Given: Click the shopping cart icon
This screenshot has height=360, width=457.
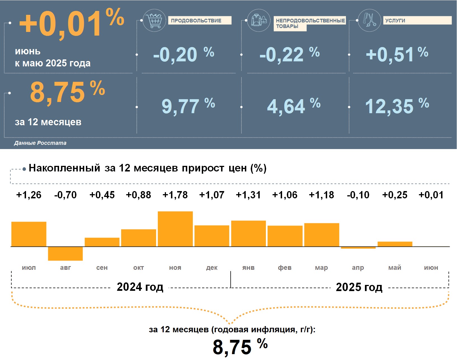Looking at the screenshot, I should click(154, 20).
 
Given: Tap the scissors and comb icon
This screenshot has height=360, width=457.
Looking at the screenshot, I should click(369, 20).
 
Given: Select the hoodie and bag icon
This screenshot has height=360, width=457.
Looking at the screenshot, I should click(259, 20).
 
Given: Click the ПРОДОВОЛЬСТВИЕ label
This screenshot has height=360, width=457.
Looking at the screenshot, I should click(199, 20).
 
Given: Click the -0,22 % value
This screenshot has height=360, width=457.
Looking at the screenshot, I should click(289, 54).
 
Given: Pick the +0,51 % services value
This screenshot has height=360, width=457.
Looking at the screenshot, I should click(397, 54).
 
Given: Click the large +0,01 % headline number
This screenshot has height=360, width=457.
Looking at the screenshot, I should click(71, 24).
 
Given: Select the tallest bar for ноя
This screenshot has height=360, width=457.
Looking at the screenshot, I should click(175, 229).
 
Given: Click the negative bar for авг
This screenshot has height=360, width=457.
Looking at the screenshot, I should click(65, 254).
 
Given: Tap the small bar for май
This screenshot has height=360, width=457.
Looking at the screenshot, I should click(395, 244).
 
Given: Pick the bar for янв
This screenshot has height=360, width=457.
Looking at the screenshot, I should click(248, 234).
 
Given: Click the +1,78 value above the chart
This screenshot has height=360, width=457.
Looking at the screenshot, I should click(175, 195).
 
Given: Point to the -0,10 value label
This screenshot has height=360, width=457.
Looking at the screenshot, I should click(358, 195).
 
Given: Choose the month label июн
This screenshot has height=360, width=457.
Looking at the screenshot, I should click(431, 268).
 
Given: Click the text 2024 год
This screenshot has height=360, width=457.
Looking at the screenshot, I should click(140, 287).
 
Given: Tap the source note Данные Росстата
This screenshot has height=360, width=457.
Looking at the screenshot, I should click(40, 143).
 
